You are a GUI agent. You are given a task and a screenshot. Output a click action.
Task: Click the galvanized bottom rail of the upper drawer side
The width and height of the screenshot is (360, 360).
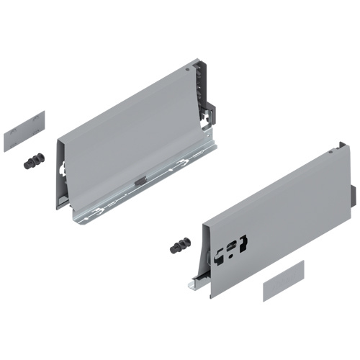tap(144, 191)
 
